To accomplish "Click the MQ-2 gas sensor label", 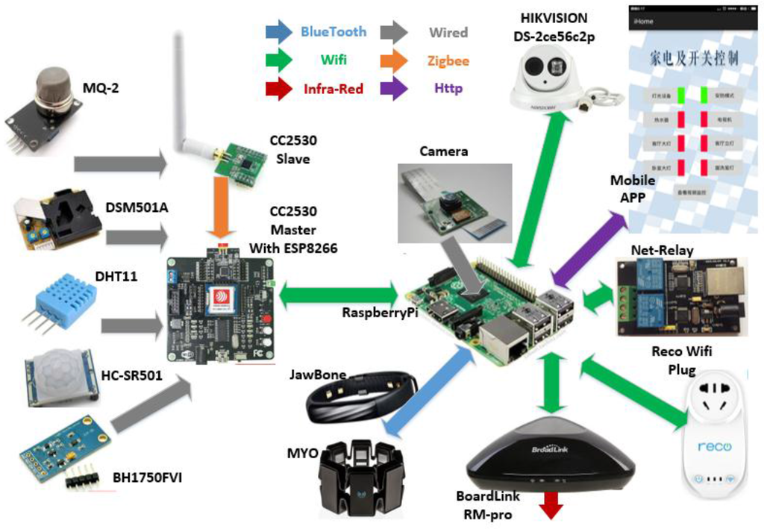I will (x=101, y=89).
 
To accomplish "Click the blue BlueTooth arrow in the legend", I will (x=279, y=32).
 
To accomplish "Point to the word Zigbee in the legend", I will (x=448, y=60).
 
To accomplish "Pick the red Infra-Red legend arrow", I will (x=279, y=89).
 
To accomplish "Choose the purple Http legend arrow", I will (x=393, y=89).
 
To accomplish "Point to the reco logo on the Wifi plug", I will (x=715, y=447).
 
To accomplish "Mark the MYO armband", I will (x=360, y=478).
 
